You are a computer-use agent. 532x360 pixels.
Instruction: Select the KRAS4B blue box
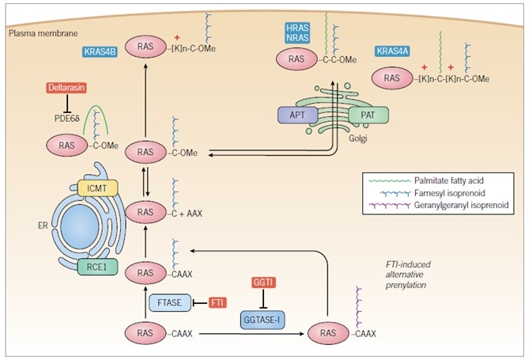tap(101, 52)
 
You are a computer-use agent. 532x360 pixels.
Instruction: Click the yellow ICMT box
tap(97, 188)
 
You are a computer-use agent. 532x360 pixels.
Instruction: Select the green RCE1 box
tap(96, 267)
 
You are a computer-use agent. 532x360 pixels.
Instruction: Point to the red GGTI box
tap(263, 282)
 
